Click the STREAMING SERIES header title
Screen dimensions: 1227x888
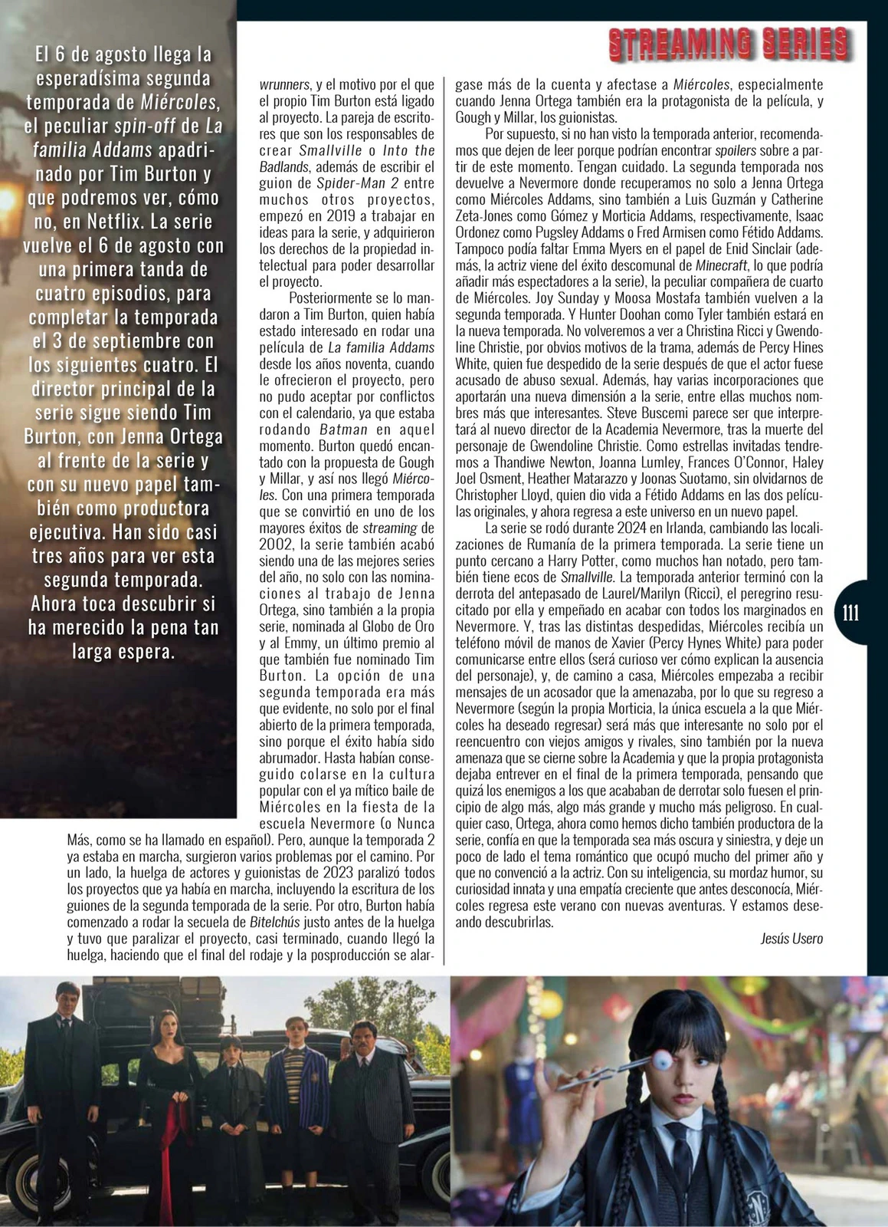[x=729, y=44]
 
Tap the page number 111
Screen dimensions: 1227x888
[x=850, y=613]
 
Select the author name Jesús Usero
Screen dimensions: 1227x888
[x=791, y=938]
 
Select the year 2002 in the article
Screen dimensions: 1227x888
[x=277, y=544]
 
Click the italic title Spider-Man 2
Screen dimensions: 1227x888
[x=348, y=183]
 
